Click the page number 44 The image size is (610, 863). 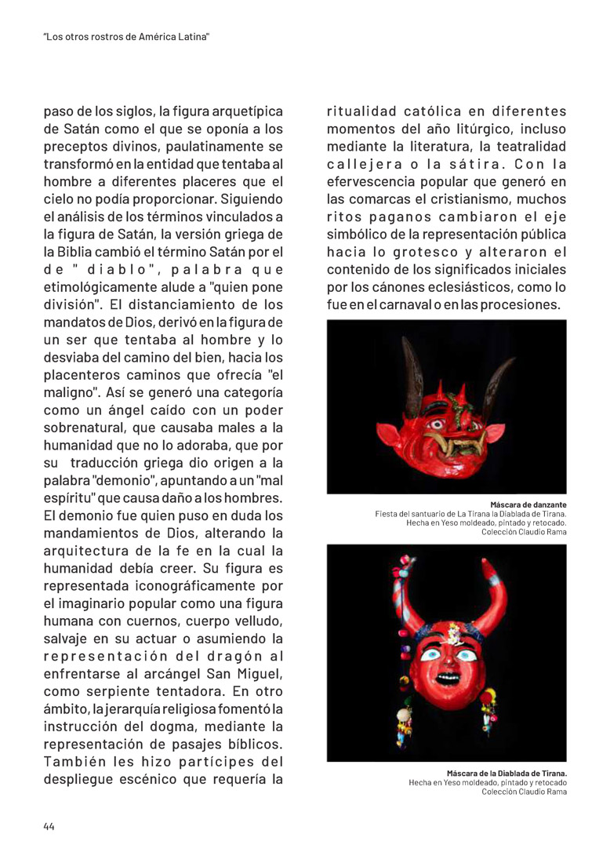tap(49, 826)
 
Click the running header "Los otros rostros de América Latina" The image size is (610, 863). tap(126, 37)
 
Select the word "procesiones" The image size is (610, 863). tap(523, 304)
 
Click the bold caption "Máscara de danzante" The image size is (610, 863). tap(528, 504)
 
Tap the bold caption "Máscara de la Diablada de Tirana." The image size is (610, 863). tap(507, 773)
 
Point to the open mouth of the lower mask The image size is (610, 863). tap(448, 675)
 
